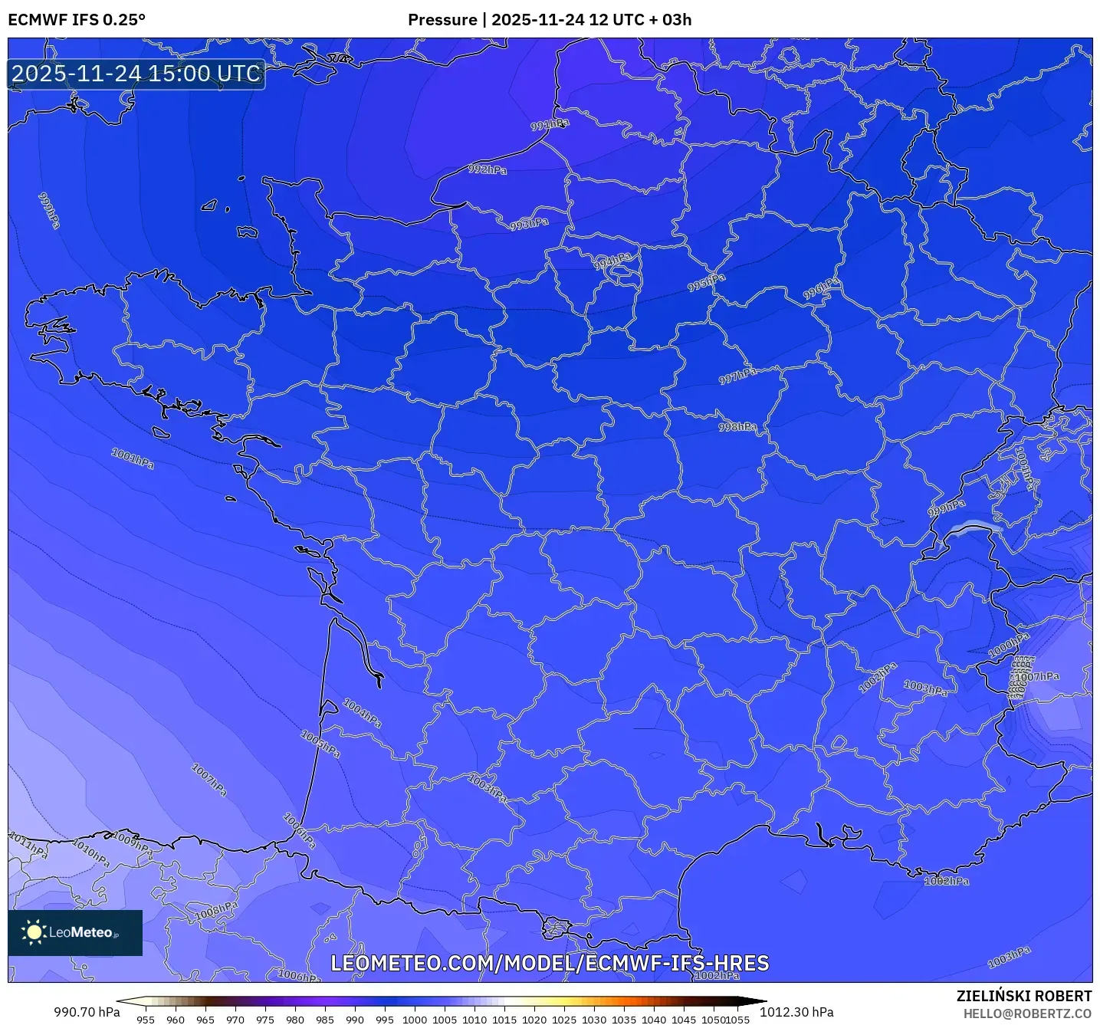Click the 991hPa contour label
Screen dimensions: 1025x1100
point(550,124)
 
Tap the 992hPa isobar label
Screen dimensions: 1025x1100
point(488,169)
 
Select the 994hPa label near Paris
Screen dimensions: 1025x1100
point(613,261)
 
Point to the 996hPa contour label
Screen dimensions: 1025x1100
point(821,289)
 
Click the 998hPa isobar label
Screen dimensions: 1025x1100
point(737,426)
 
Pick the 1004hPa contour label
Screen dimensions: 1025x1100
point(362,713)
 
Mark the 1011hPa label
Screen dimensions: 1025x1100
point(28,844)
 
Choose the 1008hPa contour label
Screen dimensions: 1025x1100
point(216,911)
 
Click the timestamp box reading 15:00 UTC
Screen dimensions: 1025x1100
point(136,74)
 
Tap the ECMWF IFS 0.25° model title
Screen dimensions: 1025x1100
point(77,20)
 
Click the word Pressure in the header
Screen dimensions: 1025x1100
point(442,20)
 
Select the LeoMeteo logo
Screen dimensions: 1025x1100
point(75,932)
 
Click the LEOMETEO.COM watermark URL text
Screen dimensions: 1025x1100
point(550,964)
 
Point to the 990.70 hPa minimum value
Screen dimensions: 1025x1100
point(87,1012)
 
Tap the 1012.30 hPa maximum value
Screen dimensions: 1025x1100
point(796,1012)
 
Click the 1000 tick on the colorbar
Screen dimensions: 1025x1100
point(415,1020)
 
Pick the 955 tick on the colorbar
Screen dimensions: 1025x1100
point(146,1020)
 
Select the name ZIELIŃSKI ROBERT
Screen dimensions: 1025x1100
point(1023,996)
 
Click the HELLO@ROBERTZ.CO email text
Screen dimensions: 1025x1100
point(1027,1014)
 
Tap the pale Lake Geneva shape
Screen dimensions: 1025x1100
point(974,527)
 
